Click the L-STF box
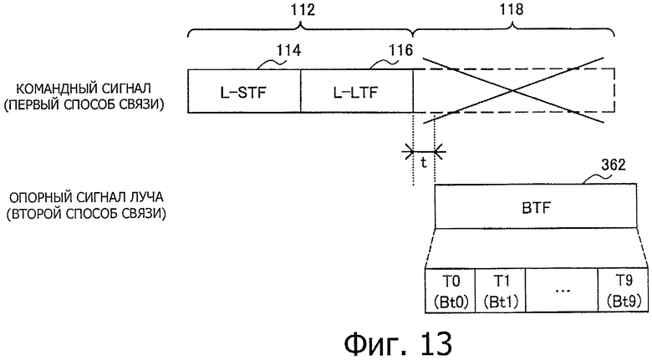pyautogui.click(x=244, y=90)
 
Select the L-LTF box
pyautogui.click(x=357, y=90)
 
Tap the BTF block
pyautogui.click(x=536, y=206)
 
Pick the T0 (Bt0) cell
pyautogui.click(x=451, y=291)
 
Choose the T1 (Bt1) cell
pyautogui.click(x=500, y=291)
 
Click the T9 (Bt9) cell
pyautogui.click(x=623, y=291)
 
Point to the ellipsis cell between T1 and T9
pyautogui.click(x=562, y=291)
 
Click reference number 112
pyautogui.click(x=303, y=9)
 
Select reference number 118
pyautogui.click(x=511, y=9)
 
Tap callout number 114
pyautogui.click(x=289, y=50)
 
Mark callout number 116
pyautogui.click(x=400, y=50)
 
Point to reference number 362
pyautogui.click(x=614, y=165)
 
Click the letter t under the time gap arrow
pyautogui.click(x=424, y=163)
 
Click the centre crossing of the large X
pyautogui.click(x=513, y=90)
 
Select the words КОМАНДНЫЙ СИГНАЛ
pyautogui.click(x=84, y=89)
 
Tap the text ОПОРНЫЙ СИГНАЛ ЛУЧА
pyautogui.click(x=86, y=197)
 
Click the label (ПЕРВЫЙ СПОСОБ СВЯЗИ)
pyautogui.click(x=84, y=104)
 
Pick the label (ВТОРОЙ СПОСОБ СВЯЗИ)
pyautogui.click(x=86, y=214)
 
